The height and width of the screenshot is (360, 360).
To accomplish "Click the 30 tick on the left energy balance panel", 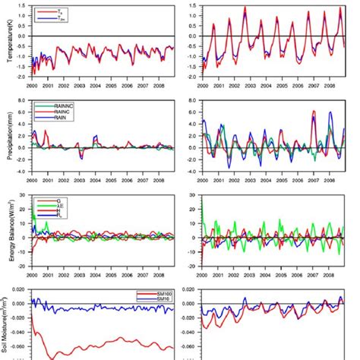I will pyautogui.click(x=25, y=194).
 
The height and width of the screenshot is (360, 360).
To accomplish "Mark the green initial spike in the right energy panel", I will pyautogui.click(x=203, y=199).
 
